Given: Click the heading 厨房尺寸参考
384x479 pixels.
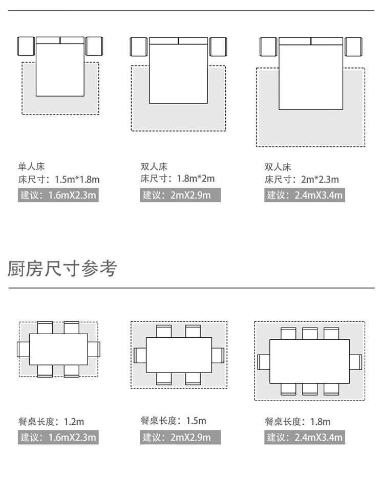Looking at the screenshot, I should click(x=62, y=268).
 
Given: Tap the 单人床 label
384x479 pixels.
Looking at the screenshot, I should click(x=32, y=166).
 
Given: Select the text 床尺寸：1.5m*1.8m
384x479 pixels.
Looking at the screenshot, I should click(x=59, y=180).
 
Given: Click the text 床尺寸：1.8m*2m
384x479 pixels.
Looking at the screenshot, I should click(x=178, y=179).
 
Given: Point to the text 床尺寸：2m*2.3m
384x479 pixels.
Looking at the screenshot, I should click(x=302, y=180).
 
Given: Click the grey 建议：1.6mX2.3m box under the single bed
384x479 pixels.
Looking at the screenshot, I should click(x=58, y=195).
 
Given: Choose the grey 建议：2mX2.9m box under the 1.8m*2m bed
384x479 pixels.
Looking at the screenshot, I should click(x=180, y=195).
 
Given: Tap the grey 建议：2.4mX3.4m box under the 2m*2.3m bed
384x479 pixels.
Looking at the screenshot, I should click(x=304, y=195).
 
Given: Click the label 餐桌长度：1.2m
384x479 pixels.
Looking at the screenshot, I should click(x=51, y=422).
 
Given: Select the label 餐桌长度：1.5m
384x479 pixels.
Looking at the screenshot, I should click(x=173, y=421).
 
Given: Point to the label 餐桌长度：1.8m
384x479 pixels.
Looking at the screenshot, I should click(x=297, y=422).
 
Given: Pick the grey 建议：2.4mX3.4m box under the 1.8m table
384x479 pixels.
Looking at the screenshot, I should click(x=304, y=437).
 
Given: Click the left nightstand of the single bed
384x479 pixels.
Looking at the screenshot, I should click(x=26, y=47).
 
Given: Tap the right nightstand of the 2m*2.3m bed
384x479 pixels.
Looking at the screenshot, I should click(x=353, y=47).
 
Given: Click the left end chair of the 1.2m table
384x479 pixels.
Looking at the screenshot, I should click(x=23, y=350).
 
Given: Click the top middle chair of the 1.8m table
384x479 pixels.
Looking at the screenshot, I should click(x=310, y=333).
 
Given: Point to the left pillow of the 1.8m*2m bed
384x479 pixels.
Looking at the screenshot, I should click(x=164, y=40).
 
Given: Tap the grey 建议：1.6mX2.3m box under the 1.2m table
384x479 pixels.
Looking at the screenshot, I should click(x=58, y=437).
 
